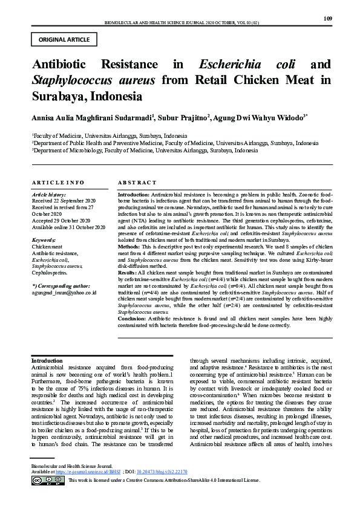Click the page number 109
328,19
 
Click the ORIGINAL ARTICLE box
64,40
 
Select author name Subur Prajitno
183,117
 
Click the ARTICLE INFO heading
58,182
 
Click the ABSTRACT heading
137,182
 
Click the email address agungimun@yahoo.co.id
64,292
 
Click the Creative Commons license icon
48,496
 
